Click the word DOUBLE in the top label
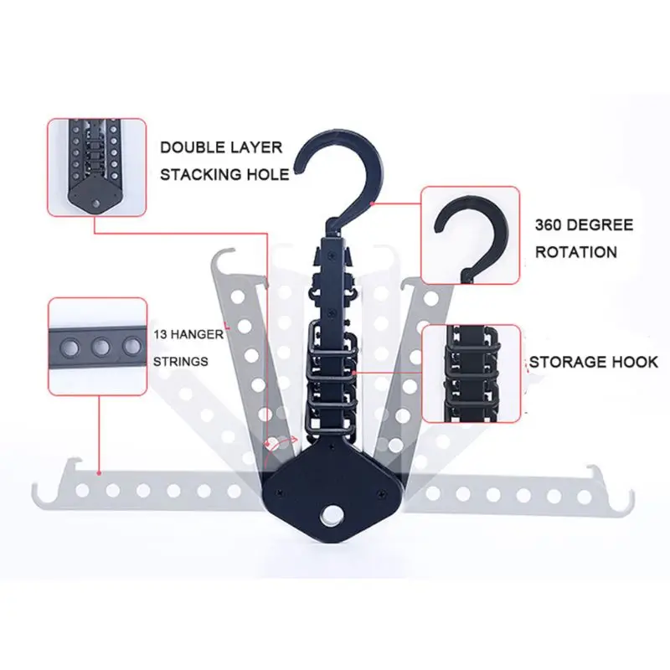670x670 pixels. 192,147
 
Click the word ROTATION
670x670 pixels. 576,252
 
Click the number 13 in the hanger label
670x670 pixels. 160,334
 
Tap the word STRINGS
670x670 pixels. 181,362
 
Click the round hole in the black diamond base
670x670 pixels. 329,514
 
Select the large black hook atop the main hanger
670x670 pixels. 342,179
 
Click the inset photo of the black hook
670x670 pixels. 471,235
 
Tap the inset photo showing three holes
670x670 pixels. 98,347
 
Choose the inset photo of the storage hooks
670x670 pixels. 472,374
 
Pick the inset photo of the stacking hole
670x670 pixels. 97,167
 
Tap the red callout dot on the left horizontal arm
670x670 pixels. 99,473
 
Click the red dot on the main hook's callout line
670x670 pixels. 372,204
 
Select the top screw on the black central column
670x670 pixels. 332,255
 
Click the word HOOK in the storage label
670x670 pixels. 635,363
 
